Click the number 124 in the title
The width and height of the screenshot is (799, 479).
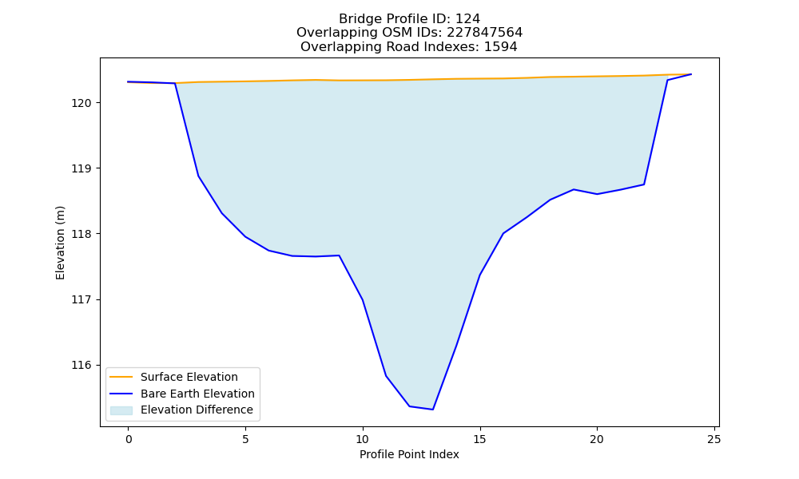(x=467, y=19)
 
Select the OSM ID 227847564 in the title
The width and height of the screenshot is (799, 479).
(x=485, y=33)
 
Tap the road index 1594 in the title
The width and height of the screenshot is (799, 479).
(x=500, y=47)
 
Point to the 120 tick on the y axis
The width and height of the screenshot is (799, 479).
(x=81, y=103)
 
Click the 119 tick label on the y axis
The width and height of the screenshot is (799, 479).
(x=81, y=168)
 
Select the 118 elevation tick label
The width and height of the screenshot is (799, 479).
(x=81, y=234)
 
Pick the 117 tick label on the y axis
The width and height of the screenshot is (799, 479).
(x=81, y=300)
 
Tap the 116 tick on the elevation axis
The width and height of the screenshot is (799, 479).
(x=81, y=366)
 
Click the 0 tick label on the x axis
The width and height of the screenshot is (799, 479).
(x=129, y=439)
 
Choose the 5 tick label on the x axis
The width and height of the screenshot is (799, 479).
(x=245, y=439)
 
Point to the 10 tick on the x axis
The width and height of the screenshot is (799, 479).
(x=362, y=439)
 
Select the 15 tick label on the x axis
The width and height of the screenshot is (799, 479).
(x=479, y=439)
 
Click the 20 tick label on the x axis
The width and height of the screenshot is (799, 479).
(x=597, y=439)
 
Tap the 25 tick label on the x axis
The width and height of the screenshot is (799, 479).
(x=714, y=439)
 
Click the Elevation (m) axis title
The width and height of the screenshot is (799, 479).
(x=60, y=243)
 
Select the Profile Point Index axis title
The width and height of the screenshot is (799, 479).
(x=409, y=454)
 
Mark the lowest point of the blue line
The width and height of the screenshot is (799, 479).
(x=432, y=410)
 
